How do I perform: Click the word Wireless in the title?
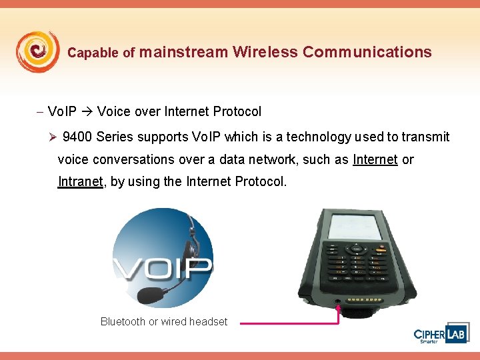[x=265, y=52]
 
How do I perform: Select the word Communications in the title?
[x=367, y=52]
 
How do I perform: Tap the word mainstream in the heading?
[x=184, y=52]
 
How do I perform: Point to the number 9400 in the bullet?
[x=77, y=137]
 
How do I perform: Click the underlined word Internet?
[x=375, y=159]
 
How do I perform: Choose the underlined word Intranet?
[x=81, y=181]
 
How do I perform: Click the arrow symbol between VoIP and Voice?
[x=87, y=111]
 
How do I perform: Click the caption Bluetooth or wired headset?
[x=163, y=321]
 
